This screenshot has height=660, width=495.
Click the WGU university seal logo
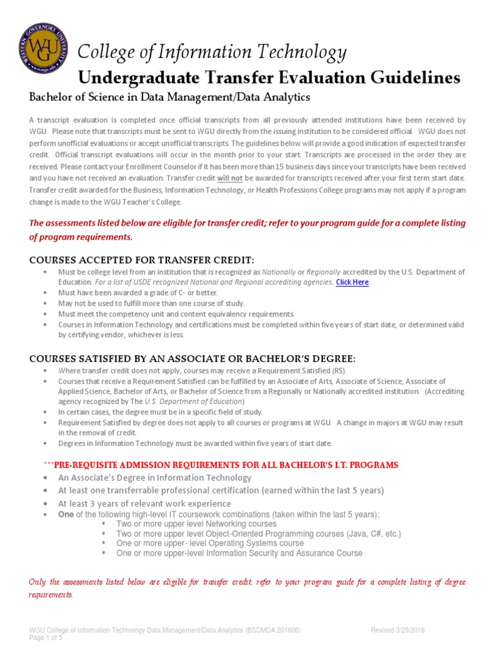[42, 50]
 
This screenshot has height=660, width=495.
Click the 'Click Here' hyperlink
[352, 282]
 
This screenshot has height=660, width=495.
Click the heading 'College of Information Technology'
[212, 52]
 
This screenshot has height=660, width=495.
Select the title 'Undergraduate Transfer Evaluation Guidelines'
[269, 78]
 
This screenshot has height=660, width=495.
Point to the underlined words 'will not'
[229, 177]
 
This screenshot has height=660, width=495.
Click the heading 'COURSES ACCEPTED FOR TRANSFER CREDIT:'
[142, 260]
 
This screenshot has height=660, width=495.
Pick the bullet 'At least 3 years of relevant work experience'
[144, 503]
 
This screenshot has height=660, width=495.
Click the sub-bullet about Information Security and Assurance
[239, 553]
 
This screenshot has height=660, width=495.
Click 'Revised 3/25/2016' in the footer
[398, 630]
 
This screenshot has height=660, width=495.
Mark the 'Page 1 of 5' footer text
[48, 638]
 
